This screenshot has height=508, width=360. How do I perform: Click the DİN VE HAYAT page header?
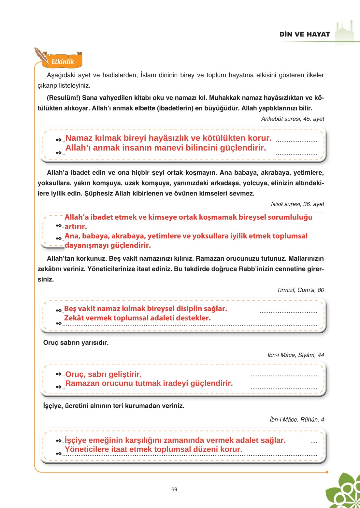(304, 34)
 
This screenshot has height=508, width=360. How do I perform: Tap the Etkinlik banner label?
(63, 61)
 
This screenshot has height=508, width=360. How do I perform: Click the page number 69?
(174, 489)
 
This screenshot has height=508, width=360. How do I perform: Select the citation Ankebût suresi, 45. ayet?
(292, 119)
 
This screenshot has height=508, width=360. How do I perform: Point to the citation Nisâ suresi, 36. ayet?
(297, 204)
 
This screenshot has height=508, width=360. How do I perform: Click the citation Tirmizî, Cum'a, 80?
(300, 290)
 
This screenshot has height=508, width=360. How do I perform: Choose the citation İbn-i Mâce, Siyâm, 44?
(295, 355)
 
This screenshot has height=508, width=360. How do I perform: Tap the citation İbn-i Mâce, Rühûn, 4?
(296, 420)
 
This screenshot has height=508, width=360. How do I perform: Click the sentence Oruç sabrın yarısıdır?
(76, 343)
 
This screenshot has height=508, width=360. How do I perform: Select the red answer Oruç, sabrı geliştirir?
(104, 374)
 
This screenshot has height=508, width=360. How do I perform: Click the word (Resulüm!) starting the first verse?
(64, 98)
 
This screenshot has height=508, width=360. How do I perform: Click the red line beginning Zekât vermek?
(137, 318)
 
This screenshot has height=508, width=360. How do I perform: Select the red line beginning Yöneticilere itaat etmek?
(153, 449)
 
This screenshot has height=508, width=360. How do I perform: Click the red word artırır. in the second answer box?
(76, 227)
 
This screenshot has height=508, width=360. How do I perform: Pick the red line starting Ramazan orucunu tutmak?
(149, 384)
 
